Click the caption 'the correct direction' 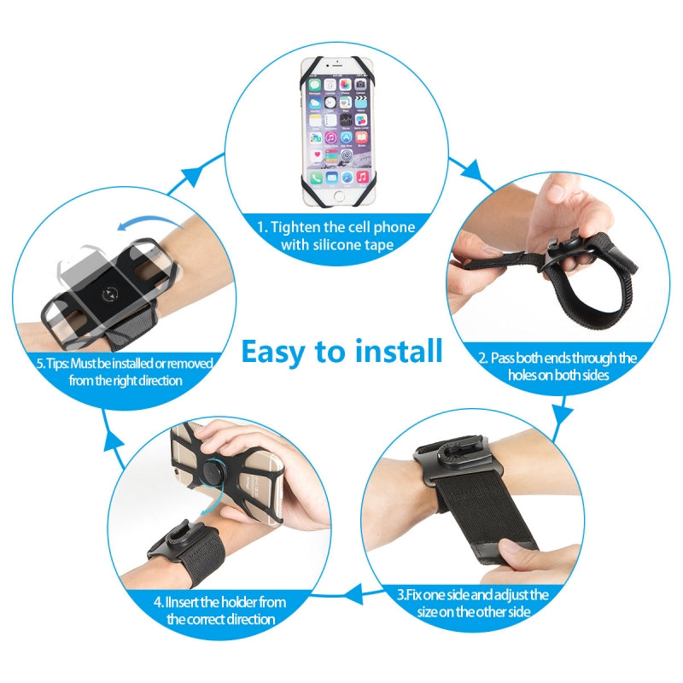(221, 619)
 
